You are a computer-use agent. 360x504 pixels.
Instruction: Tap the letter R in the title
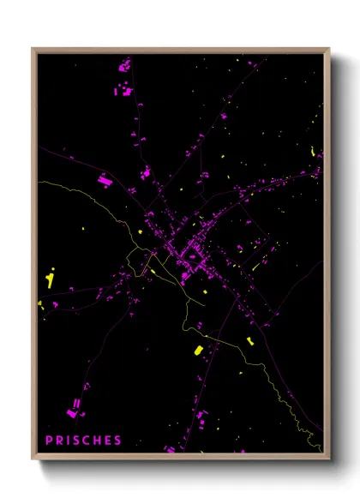(60, 441)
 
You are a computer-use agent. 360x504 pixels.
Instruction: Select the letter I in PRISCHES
(69, 441)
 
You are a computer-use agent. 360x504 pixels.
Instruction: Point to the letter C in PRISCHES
(88, 441)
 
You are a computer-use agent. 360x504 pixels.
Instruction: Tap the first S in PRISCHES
(78, 441)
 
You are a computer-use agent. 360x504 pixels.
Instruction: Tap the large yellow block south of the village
(197, 351)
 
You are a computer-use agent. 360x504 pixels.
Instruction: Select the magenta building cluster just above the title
(77, 402)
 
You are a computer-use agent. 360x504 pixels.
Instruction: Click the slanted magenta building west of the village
(105, 180)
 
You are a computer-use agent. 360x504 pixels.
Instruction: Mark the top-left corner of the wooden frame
(33, 49)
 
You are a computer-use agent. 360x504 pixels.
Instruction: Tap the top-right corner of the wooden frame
(329, 49)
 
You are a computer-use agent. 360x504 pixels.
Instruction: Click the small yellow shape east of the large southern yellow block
(249, 341)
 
